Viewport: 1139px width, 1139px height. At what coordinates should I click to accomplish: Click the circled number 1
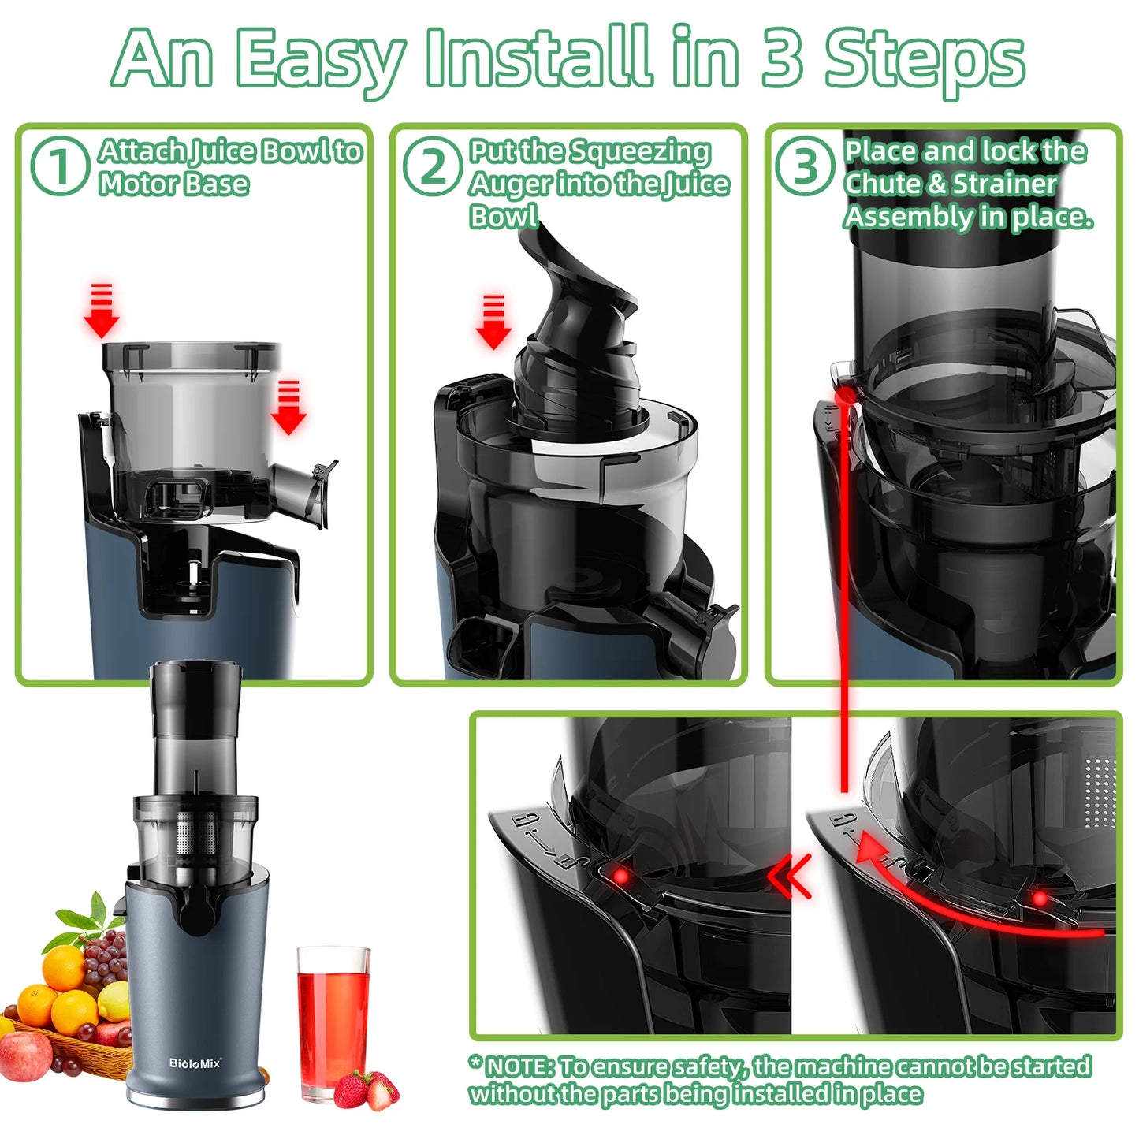point(58,166)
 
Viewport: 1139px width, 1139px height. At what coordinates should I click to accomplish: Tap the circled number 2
point(431,166)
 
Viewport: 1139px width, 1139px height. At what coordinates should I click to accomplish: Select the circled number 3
point(803,166)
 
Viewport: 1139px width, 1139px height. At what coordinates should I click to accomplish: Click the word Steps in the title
point(924,60)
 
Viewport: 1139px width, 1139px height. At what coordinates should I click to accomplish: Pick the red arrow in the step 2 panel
point(493,322)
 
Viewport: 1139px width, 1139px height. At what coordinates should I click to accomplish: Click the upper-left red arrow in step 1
point(102,311)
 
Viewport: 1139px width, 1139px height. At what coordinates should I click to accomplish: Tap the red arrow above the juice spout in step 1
point(288,408)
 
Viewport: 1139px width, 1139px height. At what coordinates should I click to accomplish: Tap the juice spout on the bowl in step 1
point(303,492)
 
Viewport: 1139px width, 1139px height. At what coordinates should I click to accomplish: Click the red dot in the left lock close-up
point(621,876)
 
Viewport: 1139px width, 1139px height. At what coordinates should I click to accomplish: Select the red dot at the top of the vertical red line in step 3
point(844,393)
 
